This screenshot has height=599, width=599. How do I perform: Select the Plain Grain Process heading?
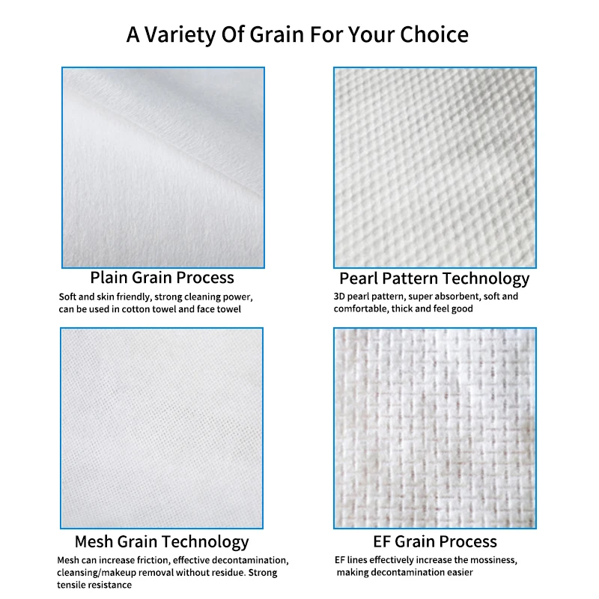pos(162,278)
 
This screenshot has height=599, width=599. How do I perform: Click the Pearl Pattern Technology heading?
pos(434,279)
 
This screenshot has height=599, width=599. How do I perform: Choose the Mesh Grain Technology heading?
pos(162,541)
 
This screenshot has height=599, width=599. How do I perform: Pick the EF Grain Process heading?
pos(434,541)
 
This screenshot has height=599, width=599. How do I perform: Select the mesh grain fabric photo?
pos(162,428)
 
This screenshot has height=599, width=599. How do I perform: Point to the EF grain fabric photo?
pos(434,428)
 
